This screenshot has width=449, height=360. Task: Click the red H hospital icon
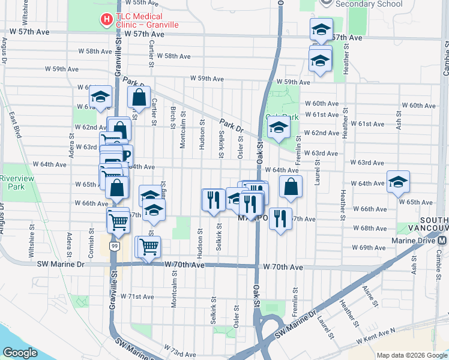tap(107, 20)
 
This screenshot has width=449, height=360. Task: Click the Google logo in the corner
tap(20, 353)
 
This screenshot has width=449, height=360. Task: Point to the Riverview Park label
tap(19, 182)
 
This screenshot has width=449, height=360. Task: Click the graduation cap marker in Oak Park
tap(279, 128)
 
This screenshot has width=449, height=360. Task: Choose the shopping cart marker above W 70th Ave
tap(148, 246)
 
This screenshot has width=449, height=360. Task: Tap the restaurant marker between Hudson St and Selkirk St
tap(212, 199)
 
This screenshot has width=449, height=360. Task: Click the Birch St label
tap(173, 116)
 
